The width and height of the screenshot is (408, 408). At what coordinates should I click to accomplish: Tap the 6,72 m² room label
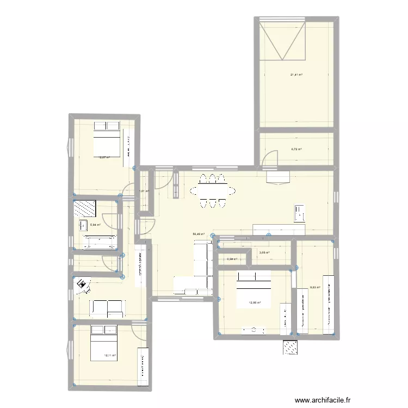pos(296,149)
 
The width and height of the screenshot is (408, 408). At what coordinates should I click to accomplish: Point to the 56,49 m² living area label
pos(199,234)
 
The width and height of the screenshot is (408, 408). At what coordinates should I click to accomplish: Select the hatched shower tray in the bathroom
pos(85,209)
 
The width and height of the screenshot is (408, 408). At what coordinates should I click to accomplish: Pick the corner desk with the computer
pos(82,284)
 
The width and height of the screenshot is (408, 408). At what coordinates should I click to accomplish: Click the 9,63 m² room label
pos(314,287)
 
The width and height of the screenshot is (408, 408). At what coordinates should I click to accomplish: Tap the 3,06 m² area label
pos(264,252)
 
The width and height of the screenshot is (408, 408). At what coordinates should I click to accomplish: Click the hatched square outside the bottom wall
pos(290,347)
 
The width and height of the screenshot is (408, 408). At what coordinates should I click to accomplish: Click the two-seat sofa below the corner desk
pos(107,308)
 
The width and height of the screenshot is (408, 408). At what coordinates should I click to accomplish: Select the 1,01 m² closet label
pos(144,191)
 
